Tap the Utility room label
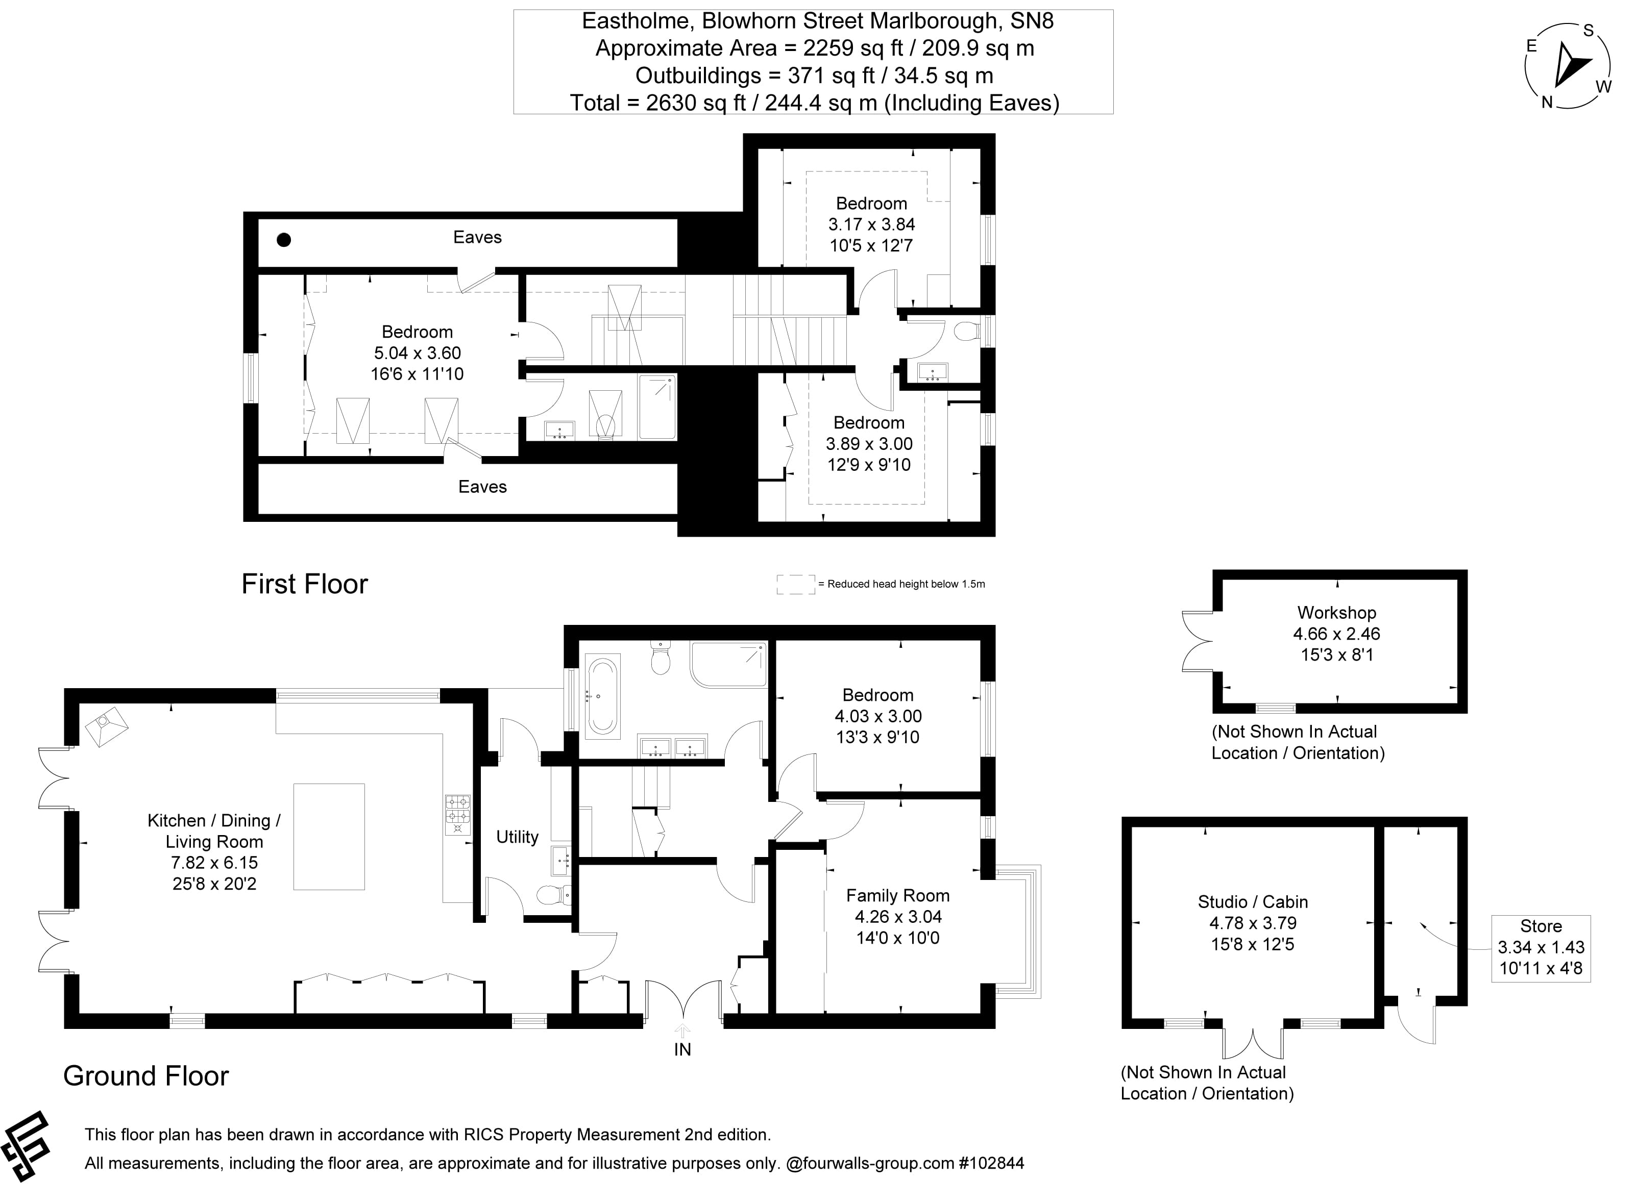pyautogui.click(x=517, y=837)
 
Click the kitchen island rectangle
pyautogui.click(x=329, y=837)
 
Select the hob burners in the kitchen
pyautogui.click(x=457, y=809)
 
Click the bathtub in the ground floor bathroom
pyautogui.click(x=602, y=695)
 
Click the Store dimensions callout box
pyautogui.click(x=1541, y=947)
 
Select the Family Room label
pyautogui.click(x=897, y=896)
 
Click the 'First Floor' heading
pyautogui.click(x=304, y=584)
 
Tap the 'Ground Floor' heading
pyautogui.click(x=145, y=1076)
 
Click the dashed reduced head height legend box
pyautogui.click(x=796, y=584)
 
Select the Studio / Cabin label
pyautogui.click(x=1252, y=902)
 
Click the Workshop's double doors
pyautogui.click(x=1198, y=642)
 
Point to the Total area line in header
pyautogui.click(x=814, y=103)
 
